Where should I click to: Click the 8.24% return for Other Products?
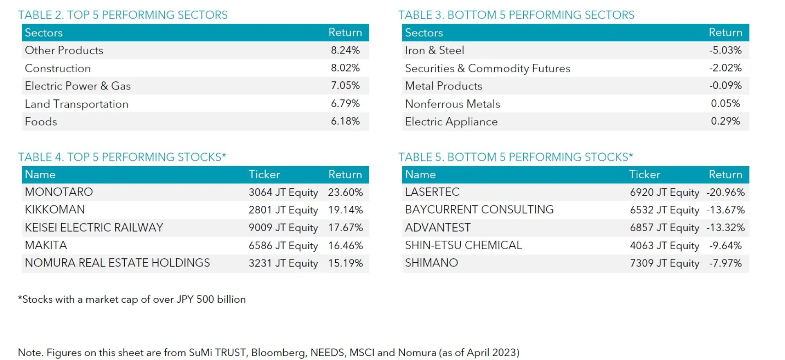345,50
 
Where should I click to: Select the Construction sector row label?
58,68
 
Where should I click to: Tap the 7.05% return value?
345,86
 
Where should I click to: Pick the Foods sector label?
41,122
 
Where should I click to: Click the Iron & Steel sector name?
434,50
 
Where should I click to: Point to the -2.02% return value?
725,68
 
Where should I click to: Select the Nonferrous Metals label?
452,104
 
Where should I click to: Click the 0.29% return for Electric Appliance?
725,121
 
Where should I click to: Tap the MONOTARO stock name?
59,192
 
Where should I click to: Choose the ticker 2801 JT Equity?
283,210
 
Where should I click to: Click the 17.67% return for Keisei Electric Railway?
345,228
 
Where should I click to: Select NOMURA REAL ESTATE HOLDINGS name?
117,263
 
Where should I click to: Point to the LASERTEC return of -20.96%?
725,192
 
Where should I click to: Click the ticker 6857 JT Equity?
664,228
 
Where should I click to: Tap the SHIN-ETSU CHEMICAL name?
463,245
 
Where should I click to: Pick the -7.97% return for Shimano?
725,263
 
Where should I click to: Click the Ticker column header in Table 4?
264,174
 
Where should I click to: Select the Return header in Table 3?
725,32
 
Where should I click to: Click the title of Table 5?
515,157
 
